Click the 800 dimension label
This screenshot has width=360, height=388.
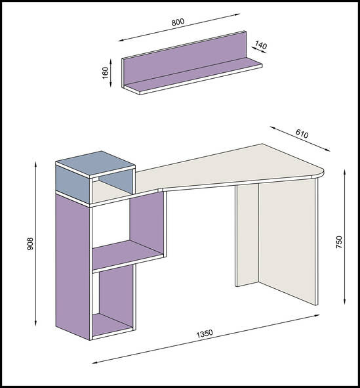pyautogui.click(x=178, y=22)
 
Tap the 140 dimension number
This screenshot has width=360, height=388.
pyautogui.click(x=261, y=45)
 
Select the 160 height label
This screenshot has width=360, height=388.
pyautogui.click(x=106, y=73)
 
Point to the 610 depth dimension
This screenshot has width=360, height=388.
pyautogui.click(x=302, y=134)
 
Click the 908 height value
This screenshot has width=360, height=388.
pyautogui.click(x=30, y=244)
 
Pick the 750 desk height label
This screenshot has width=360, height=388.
pyautogui.click(x=339, y=242)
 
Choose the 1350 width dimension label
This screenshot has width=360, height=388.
pyautogui.click(x=205, y=334)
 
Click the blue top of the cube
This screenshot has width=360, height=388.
pyautogui.click(x=95, y=163)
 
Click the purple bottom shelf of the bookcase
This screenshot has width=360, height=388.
pyautogui.click(x=111, y=324)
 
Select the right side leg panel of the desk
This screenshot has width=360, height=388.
pyautogui.click(x=288, y=240)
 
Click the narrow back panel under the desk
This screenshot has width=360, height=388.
pyautogui.click(x=247, y=235)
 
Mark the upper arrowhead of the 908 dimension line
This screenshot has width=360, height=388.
pyautogui.click(x=36, y=164)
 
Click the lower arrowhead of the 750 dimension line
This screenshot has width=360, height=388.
pyautogui.click(x=345, y=301)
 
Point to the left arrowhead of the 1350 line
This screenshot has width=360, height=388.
pyautogui.click(x=95, y=362)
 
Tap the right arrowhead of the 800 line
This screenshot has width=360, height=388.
pyautogui.click(x=237, y=14)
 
